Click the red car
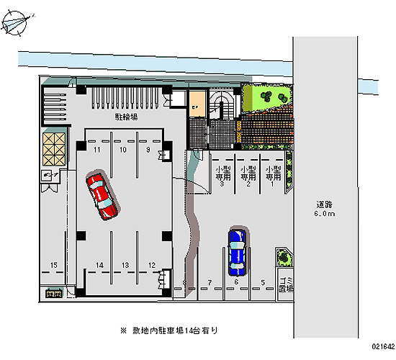coord(102,194)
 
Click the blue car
coord(236,251)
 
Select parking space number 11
coord(96,150)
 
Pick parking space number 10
coord(123,150)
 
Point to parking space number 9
coord(148,150)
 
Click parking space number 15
coord(53,266)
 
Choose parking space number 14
coord(99,266)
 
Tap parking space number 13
coord(125,266)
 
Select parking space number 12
coord(152,266)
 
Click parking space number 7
coord(209,282)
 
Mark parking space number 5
coord(263,282)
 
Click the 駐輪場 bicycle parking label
coord(126,116)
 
